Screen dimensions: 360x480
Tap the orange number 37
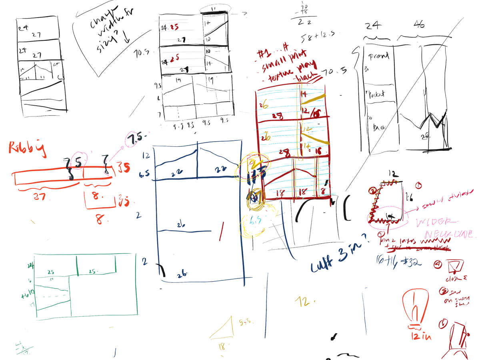tap(41, 197)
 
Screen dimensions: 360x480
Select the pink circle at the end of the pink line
tap(132, 139)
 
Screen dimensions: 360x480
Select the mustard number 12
tap(303, 301)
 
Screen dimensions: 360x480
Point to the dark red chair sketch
tap(456, 340)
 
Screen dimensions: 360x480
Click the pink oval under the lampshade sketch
tap(386, 218)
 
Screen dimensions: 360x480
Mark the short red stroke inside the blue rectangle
tap(221, 231)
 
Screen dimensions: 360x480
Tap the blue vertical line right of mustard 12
tap(364, 312)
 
